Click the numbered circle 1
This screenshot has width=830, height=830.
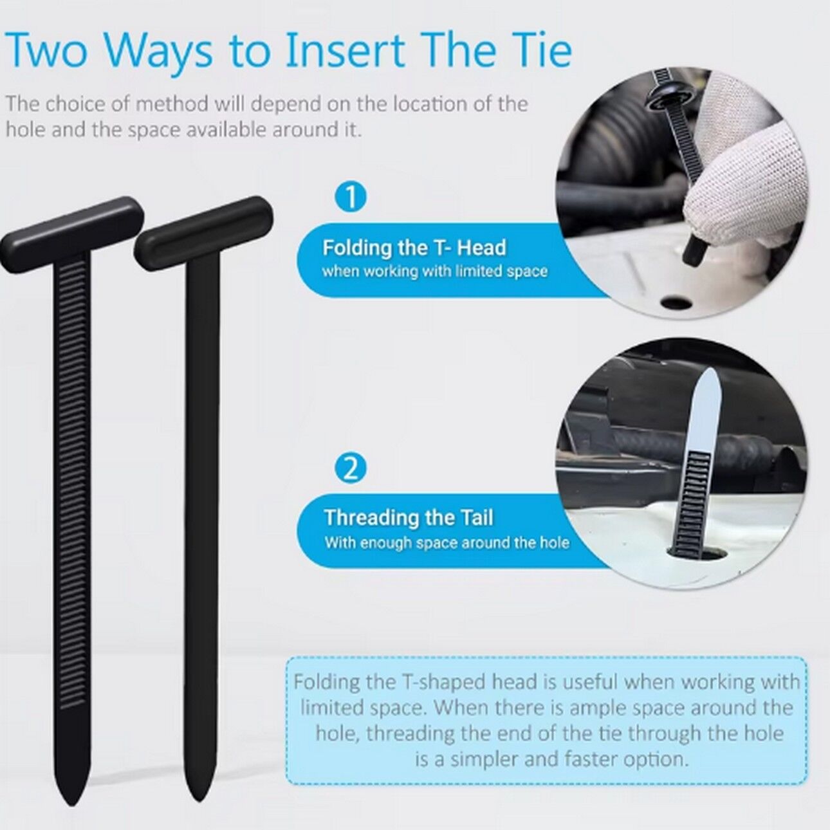tap(351, 199)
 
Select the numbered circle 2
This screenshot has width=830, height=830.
tap(351, 470)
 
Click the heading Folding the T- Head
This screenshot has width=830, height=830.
tap(414, 248)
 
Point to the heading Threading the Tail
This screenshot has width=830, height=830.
tap(409, 517)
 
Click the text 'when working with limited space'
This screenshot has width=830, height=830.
tap(435, 272)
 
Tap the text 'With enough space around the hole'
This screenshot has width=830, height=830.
tap(447, 542)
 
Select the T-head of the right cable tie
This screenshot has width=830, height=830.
tap(204, 234)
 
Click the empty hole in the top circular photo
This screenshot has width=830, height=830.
tap(675, 304)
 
